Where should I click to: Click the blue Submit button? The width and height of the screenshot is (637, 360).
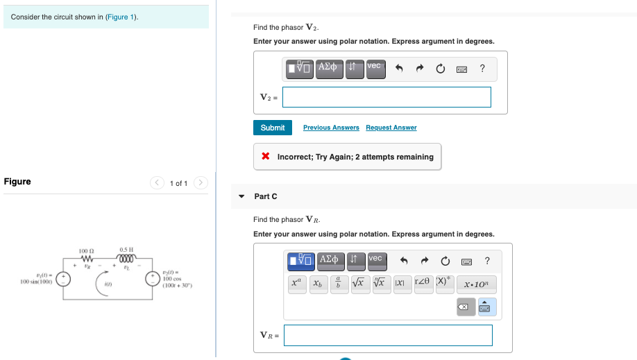[x=272, y=128]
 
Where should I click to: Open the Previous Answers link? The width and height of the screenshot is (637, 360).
[x=331, y=128]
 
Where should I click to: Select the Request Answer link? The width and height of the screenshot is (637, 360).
[x=391, y=128]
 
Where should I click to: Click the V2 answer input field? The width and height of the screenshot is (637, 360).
[x=387, y=97]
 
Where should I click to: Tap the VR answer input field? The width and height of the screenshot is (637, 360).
[x=388, y=335]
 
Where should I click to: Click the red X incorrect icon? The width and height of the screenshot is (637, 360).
[x=266, y=157]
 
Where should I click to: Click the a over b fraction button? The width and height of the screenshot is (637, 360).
[x=338, y=284]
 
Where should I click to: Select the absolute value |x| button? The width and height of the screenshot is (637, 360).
[x=400, y=284]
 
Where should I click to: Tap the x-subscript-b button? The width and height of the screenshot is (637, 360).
[x=317, y=284]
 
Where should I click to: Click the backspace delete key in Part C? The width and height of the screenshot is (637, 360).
[x=466, y=307]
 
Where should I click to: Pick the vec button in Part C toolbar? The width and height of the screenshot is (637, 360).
[x=375, y=259]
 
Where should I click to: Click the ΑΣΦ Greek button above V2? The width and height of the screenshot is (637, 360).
[x=329, y=67]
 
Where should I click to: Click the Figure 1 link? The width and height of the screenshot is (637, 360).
[x=121, y=17]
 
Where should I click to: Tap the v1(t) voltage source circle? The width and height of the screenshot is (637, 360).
[x=63, y=279]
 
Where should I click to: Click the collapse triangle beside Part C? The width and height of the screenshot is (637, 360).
[x=241, y=196]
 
